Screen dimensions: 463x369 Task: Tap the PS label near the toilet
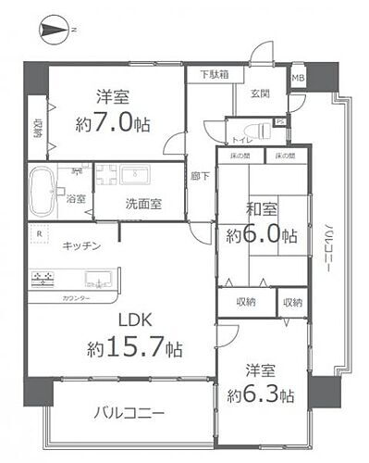click(x=280, y=119)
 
